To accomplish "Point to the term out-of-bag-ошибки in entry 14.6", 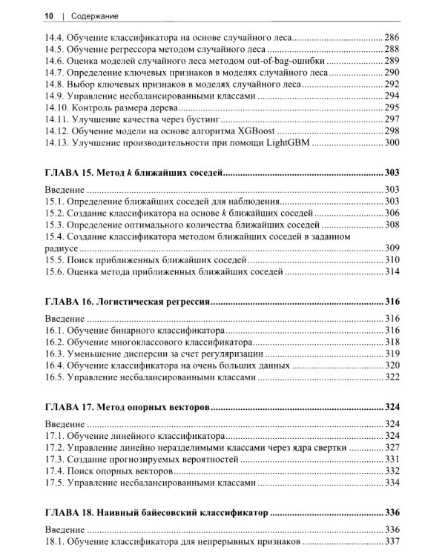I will (x=285, y=61).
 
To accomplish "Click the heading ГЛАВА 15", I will (x=68, y=173).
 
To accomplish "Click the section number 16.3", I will (x=54, y=354).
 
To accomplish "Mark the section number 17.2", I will (x=54, y=448).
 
